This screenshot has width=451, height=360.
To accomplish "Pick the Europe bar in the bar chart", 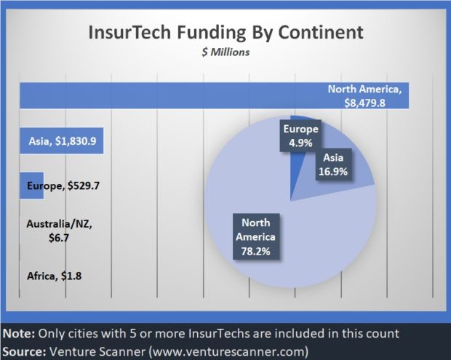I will [x=31, y=185].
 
